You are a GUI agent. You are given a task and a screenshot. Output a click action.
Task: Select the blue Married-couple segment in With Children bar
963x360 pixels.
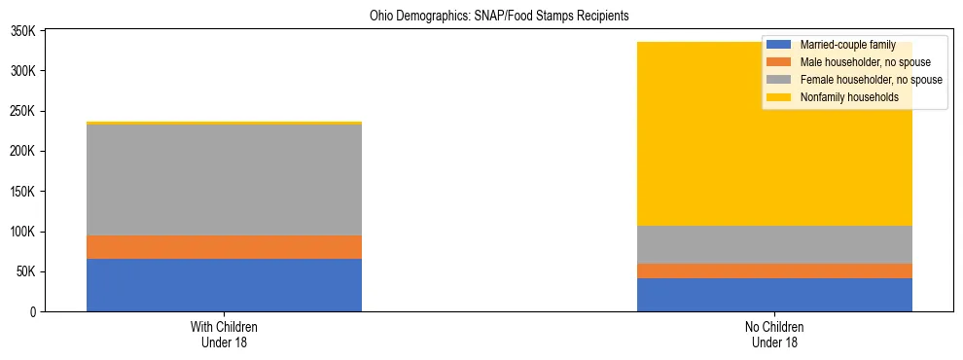[224, 285]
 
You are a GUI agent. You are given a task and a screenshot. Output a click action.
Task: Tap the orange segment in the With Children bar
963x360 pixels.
[224, 247]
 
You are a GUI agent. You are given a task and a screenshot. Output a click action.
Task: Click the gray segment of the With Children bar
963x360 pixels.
[224, 180]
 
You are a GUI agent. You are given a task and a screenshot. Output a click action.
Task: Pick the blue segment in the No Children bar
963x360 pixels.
[774, 295]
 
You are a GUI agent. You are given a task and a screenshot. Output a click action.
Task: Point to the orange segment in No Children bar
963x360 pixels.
[774, 270]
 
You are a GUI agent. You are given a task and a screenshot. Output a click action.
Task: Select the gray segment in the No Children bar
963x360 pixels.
[774, 244]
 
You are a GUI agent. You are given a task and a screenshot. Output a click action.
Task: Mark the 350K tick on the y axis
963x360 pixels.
[21, 31]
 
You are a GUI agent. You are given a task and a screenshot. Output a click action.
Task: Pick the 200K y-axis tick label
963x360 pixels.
[21, 152]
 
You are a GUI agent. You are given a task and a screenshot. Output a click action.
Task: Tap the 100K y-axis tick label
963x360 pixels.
[21, 232]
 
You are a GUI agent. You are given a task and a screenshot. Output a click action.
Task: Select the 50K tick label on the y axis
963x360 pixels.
[24, 271]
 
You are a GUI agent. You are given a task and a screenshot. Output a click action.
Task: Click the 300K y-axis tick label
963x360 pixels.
[21, 71]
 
